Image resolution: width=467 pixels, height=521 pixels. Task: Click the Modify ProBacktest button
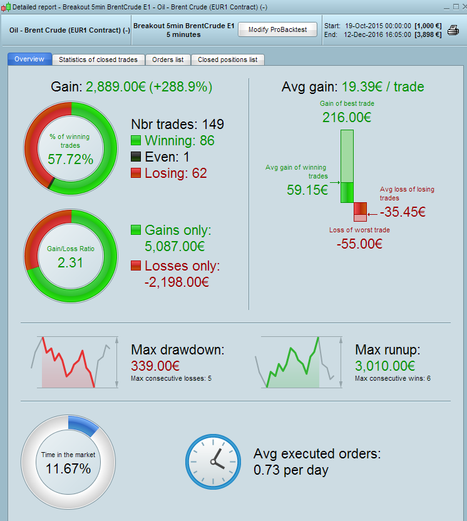point(277,30)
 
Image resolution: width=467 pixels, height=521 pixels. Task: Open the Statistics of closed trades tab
point(99,59)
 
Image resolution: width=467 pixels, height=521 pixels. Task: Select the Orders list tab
point(168,59)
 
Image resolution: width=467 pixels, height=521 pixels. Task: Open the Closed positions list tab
point(227,59)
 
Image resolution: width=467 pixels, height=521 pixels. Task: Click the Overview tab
point(29,59)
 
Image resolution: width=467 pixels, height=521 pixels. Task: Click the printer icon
point(453,29)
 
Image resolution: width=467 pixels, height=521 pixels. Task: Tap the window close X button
point(461,6)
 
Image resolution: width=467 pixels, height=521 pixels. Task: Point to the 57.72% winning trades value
point(70,159)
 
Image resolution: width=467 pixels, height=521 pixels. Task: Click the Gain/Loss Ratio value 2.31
point(70,263)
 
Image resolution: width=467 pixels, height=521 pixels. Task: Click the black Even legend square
point(136,157)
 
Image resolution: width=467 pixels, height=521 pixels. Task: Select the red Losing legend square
point(136,173)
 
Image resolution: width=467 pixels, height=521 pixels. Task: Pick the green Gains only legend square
point(136,230)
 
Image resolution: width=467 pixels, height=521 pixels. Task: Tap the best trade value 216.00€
point(347,117)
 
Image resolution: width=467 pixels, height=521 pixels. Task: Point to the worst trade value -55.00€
point(359,244)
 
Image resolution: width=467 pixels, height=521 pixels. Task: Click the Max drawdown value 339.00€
point(155,366)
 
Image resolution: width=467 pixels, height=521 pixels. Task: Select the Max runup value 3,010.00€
point(385,366)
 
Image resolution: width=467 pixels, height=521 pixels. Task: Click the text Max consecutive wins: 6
point(393,378)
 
